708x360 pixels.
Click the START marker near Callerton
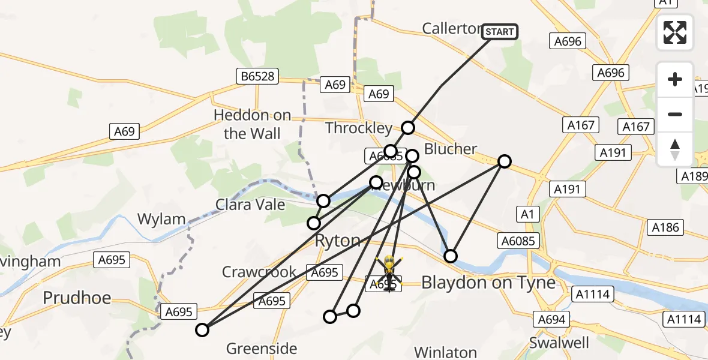(499, 31)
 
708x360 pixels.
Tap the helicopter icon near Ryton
(388, 274)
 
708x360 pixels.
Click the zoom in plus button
(675, 79)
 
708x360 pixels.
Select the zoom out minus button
(675, 114)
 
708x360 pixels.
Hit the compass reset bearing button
(675, 149)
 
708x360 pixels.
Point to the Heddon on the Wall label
(253, 124)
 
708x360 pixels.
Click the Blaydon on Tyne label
(488, 283)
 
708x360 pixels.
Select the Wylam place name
(161, 219)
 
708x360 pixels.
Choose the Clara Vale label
(251, 205)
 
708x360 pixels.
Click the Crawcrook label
(259, 272)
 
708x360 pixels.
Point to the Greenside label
(262, 348)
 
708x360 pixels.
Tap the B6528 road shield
(257, 76)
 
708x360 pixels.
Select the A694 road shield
(551, 319)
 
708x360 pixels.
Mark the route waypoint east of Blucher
(505, 161)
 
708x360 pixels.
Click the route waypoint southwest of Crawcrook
(202, 329)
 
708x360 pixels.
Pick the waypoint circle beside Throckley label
(408, 127)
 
